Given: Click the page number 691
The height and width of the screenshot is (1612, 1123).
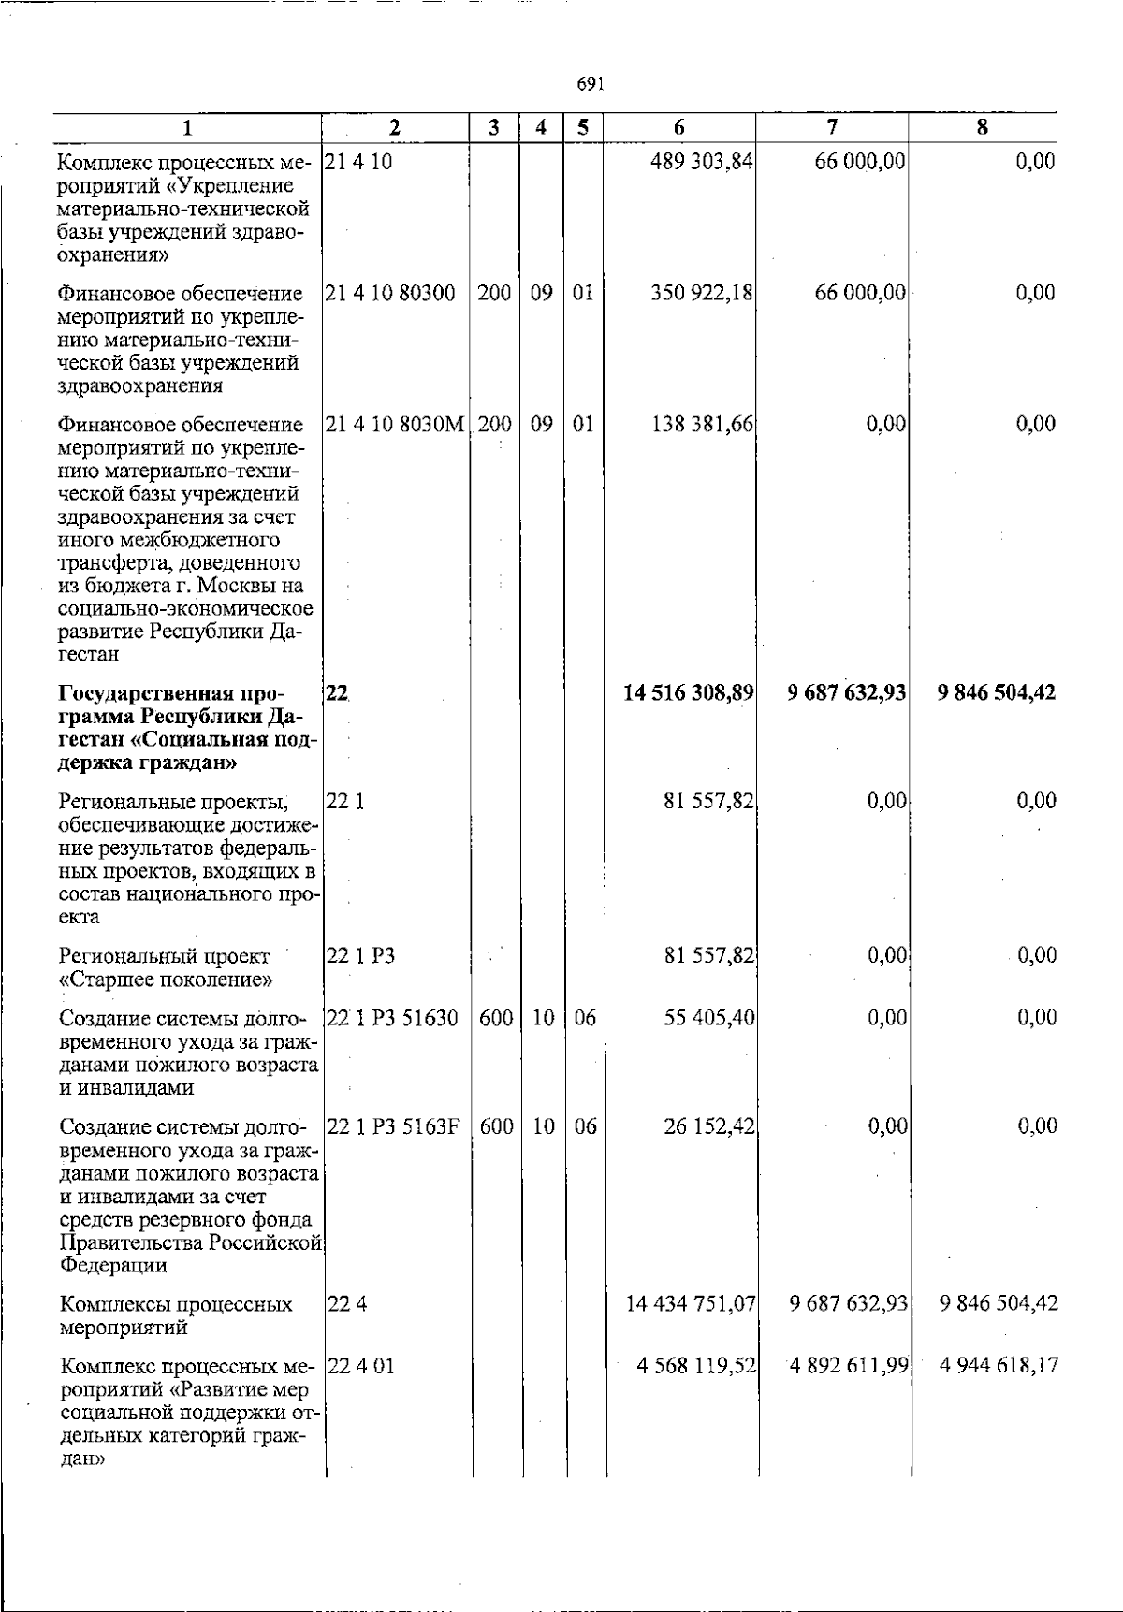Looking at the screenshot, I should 590,84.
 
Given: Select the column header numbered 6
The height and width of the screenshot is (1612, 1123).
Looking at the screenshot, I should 679,128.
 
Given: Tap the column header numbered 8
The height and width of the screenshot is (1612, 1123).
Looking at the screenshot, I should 982,128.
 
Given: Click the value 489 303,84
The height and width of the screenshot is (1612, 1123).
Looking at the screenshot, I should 702,162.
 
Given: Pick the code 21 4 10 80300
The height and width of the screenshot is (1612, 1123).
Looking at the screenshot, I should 390,293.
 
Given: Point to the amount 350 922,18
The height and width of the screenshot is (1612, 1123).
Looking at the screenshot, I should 702,293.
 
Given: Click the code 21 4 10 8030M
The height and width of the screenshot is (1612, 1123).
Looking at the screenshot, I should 395,424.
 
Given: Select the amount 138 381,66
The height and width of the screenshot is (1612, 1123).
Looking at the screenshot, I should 702,424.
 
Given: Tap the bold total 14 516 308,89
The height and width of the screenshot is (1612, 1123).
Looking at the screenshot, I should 689,692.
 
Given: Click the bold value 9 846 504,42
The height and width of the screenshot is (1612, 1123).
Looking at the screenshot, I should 996,692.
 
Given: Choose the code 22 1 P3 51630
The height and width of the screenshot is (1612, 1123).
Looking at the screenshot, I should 392,1018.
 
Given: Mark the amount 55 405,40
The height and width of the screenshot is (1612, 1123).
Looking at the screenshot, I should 708,1018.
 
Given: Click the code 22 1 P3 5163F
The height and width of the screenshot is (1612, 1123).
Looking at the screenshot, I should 393,1126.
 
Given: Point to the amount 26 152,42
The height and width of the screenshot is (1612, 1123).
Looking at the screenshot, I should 708,1126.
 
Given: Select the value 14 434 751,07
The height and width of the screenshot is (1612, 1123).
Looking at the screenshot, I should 691,1303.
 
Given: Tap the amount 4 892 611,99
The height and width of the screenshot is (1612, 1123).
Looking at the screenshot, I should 849,1365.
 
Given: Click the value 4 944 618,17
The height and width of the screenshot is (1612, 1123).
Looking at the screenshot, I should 999,1365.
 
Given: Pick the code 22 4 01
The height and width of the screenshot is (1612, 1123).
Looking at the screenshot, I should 360,1365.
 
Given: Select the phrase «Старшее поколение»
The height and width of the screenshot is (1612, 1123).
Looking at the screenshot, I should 166,980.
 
